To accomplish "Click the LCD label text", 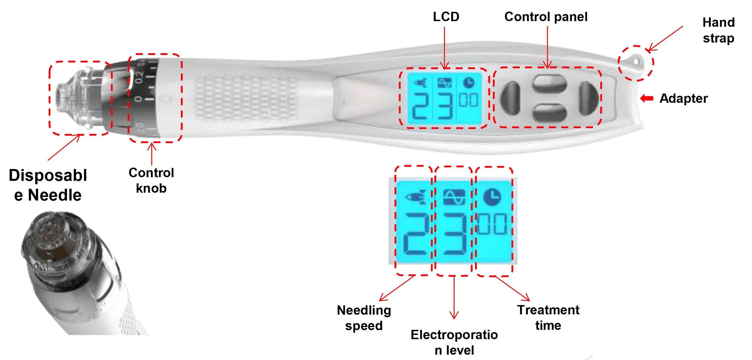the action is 446,17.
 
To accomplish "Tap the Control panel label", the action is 546,17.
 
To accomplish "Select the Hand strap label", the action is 718,30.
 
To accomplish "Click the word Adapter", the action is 684,99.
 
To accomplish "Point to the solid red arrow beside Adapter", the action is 647,98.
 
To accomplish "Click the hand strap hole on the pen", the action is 636,62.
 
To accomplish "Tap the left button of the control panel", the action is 510,98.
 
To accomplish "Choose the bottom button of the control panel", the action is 550,113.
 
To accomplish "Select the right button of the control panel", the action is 589,98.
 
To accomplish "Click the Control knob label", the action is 151,181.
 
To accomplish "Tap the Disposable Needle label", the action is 48,185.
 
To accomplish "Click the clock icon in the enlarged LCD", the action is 493,197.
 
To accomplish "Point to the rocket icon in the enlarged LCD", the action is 415,197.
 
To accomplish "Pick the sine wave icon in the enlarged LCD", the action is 454,197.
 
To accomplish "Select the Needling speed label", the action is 364,318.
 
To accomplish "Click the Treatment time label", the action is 548,318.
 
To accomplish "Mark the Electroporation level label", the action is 454,343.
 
